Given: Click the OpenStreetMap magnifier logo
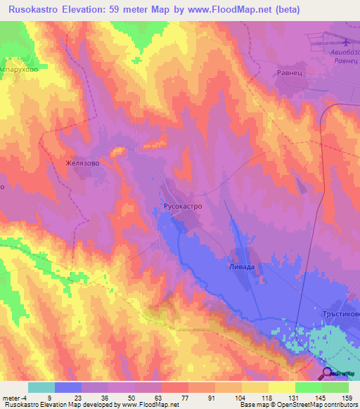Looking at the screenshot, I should coord(328,374).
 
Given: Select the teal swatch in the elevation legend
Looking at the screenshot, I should coord(41,387).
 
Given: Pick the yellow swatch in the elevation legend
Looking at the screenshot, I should coord(281,387).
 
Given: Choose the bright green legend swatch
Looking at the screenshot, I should coord(308,387).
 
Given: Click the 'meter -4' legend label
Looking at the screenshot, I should coord(15,397).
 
